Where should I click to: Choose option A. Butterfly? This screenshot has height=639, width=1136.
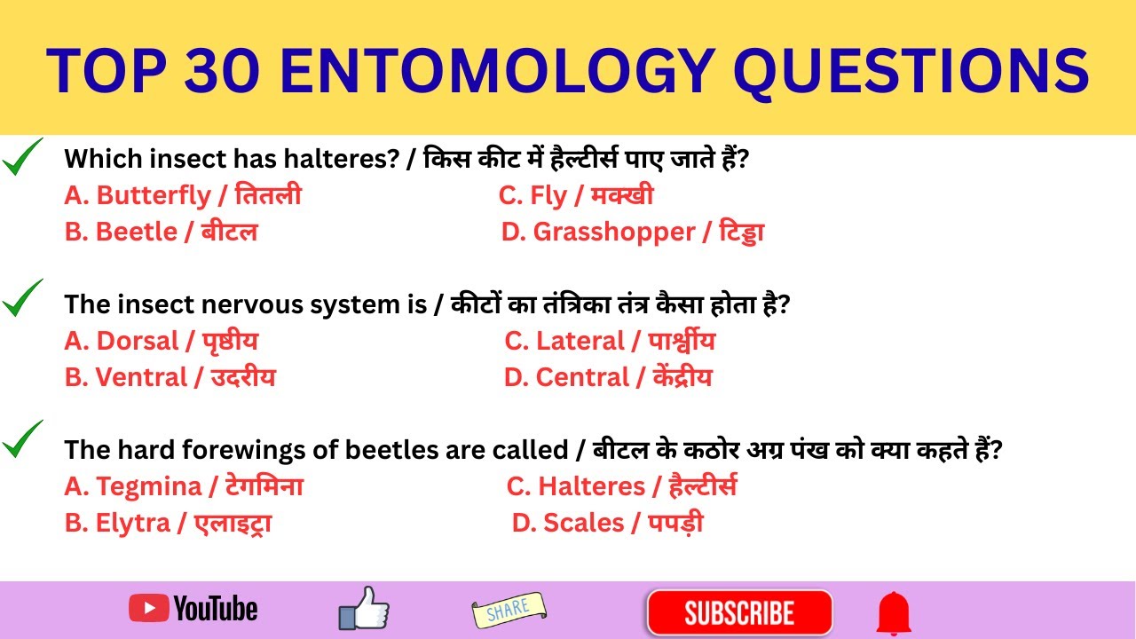coord(183,195)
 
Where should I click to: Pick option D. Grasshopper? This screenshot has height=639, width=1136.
coord(632,233)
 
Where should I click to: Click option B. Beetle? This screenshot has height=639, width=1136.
coord(161,233)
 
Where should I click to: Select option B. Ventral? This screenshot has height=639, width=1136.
coord(170,378)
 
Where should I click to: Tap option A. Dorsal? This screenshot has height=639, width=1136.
coord(161,341)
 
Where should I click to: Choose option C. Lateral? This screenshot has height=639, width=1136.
coord(609,341)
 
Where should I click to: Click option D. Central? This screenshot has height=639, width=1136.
coord(607,378)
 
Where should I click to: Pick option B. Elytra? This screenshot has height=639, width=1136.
coord(168,524)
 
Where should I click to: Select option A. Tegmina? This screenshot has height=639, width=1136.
coord(184,486)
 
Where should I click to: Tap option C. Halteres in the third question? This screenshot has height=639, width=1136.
coord(621,486)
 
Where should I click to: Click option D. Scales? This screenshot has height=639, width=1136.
coord(607,524)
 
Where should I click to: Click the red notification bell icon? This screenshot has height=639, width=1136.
coord(894,613)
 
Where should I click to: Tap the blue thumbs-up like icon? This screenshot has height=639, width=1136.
coord(364,609)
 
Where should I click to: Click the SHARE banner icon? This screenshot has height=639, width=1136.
coord(509,609)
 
